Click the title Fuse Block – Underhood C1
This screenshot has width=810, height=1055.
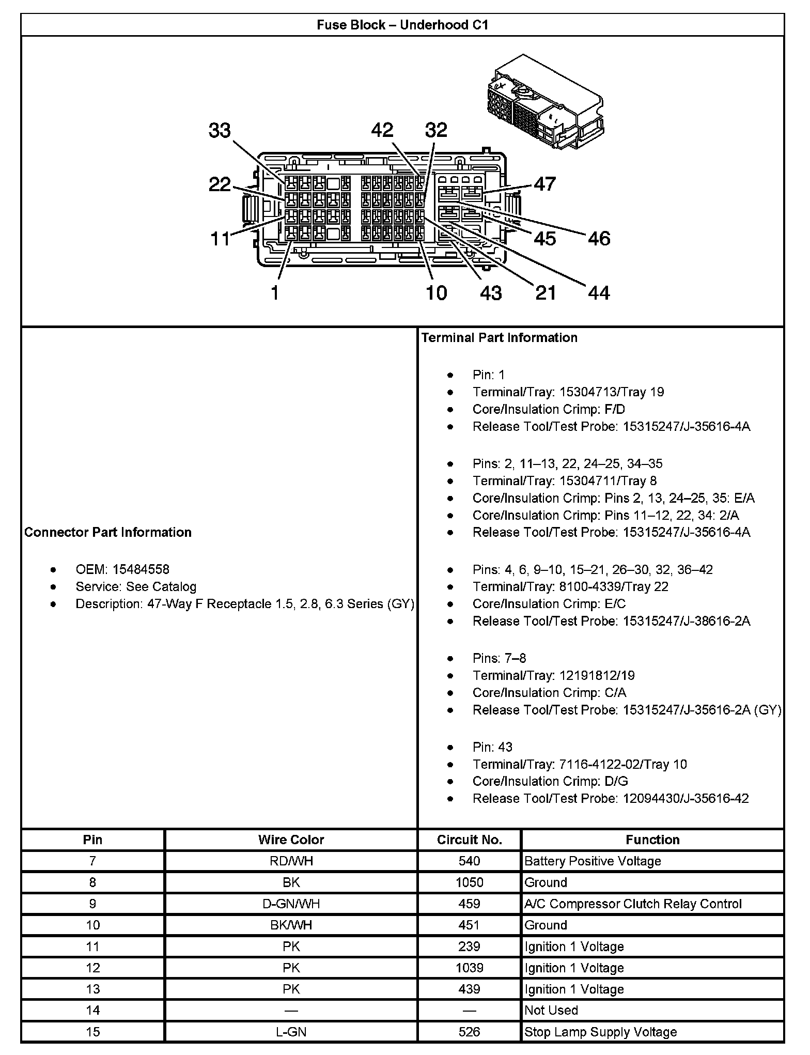(402, 25)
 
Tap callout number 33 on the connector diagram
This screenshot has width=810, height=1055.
(220, 130)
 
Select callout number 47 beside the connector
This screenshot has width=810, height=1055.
(544, 184)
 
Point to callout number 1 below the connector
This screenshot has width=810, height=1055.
(275, 293)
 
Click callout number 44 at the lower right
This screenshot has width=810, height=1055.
(599, 293)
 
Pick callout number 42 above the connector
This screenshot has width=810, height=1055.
(382, 130)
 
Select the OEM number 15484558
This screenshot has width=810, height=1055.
(141, 569)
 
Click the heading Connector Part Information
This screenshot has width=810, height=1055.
(108, 532)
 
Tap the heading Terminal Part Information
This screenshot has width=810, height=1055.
(499, 337)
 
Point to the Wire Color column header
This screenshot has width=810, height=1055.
(291, 840)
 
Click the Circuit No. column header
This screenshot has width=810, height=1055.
(469, 840)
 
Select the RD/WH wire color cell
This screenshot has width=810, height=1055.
(291, 861)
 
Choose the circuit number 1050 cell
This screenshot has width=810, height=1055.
(469, 882)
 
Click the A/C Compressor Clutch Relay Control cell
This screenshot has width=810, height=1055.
(633, 904)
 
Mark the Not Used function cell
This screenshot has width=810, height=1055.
(551, 1010)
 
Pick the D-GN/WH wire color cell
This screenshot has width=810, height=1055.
(291, 904)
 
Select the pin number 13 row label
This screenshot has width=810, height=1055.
(92, 989)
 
